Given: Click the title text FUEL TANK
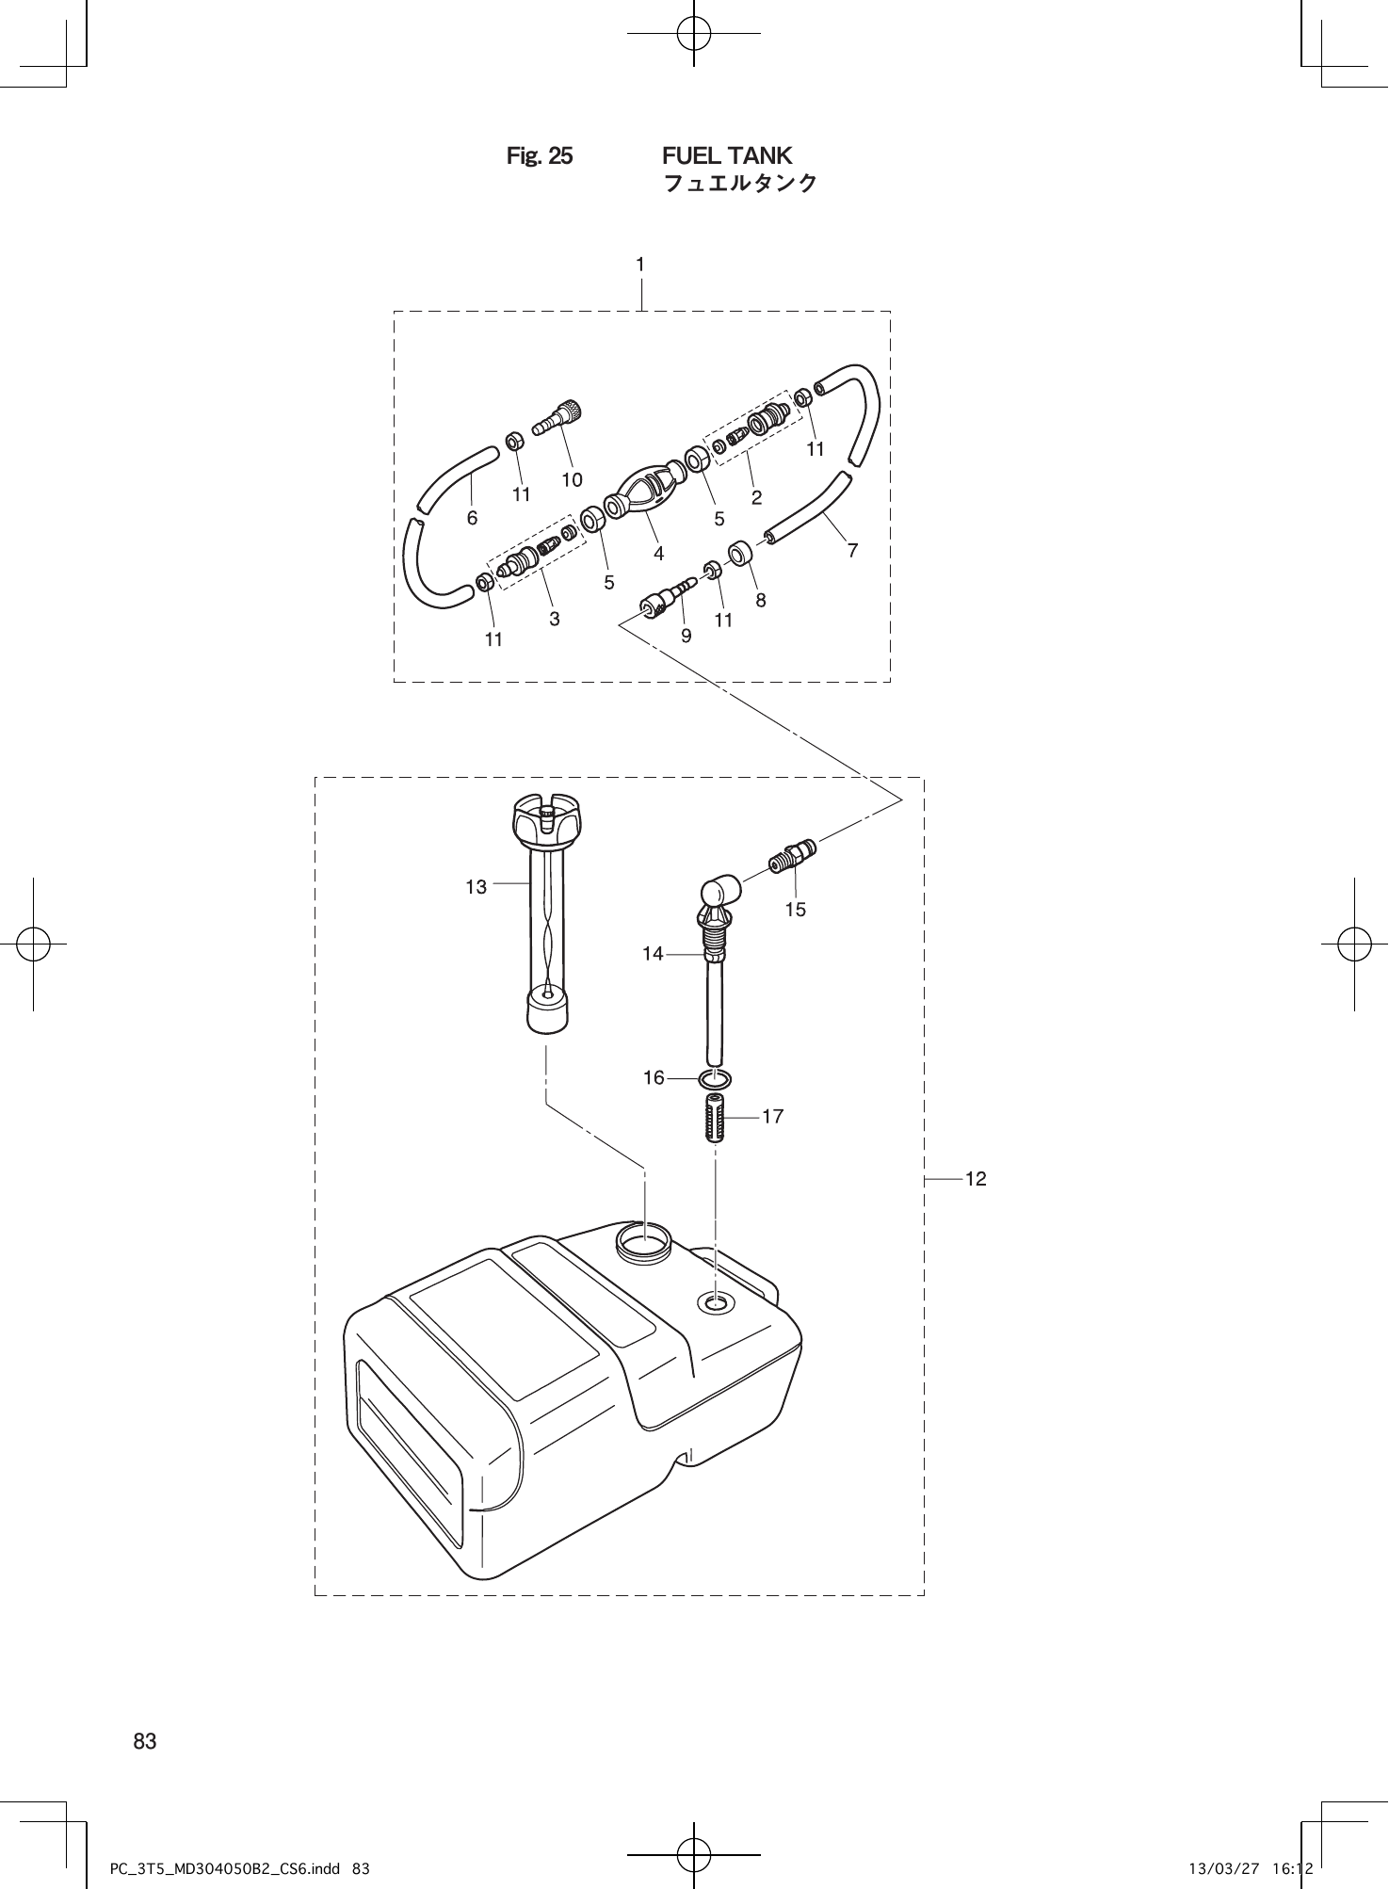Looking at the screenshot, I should point(727,155).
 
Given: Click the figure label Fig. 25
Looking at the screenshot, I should point(540,156).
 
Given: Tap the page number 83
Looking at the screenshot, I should point(145,1741).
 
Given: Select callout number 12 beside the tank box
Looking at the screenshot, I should point(976,1179).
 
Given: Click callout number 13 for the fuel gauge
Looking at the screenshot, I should point(476,887).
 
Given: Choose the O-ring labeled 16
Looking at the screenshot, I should point(717,1077).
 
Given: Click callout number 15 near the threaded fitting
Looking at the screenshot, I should point(796,910).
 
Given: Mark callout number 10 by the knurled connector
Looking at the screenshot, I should point(572,479).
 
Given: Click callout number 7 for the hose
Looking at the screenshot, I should point(852,550).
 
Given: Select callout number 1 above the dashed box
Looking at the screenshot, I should point(640,266).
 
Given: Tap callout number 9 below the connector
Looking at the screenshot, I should point(686,636).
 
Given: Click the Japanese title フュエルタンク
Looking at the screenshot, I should point(740,184).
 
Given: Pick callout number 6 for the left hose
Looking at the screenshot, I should point(472,518).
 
